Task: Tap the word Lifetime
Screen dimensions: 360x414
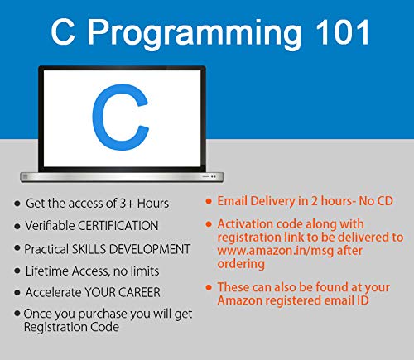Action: click(x=48, y=271)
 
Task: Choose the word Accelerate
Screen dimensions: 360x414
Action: click(x=59, y=292)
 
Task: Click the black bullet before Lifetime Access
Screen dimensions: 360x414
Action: click(x=17, y=271)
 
